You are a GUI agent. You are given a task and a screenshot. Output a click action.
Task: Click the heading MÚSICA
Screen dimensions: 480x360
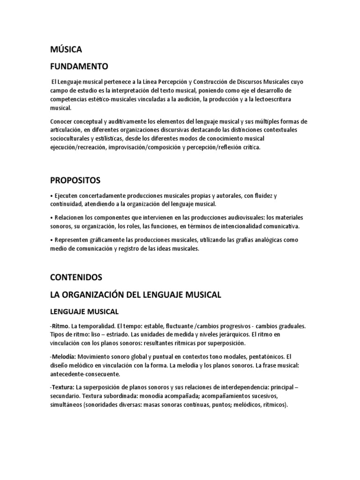66,49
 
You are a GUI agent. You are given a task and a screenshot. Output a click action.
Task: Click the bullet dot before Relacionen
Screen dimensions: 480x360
52,217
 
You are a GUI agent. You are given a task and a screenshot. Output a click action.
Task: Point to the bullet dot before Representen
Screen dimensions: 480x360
52,240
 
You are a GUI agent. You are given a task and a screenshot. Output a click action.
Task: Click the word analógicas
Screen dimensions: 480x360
267,240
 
